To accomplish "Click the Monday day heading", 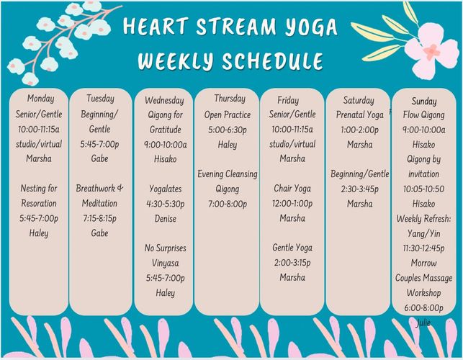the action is pos(41,99).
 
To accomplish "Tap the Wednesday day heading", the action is pos(164,100).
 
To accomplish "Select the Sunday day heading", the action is pos(424,102).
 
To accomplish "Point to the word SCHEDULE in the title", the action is pos(273,60).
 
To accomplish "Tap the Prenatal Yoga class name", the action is pos(359,115).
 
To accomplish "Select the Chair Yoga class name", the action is pos(292,189).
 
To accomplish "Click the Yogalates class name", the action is pos(166,189).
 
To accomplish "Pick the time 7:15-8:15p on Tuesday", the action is pos(100,218).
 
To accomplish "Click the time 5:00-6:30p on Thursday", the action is pos(228,130).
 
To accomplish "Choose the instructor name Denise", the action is pos(166,219).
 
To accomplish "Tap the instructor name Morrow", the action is pos(423,263).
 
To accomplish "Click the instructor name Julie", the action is pos(423,323).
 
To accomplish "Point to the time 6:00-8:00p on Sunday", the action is pos(423,307).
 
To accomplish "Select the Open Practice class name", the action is pos(228,115).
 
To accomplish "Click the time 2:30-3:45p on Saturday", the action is pos(359,189).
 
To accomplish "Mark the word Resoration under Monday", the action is pos(39,204).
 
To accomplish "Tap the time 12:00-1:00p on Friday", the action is pos(292,204).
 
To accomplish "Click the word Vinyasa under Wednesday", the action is pos(166,263).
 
